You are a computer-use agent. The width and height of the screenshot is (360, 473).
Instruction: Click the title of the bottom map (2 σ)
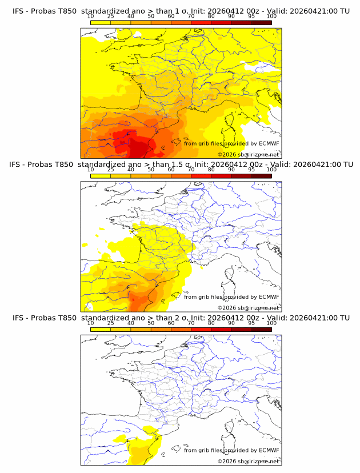(181, 318)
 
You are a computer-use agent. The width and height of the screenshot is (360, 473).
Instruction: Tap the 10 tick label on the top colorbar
(90, 17)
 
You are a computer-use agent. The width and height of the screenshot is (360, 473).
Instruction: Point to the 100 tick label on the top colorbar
(271, 17)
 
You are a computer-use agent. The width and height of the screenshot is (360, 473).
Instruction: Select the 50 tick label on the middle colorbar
(151, 170)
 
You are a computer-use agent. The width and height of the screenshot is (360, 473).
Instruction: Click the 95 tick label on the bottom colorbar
(251, 323)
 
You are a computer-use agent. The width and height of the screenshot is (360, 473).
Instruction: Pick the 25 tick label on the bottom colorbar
(110, 323)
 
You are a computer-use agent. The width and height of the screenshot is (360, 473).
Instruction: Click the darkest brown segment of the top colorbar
(261, 22)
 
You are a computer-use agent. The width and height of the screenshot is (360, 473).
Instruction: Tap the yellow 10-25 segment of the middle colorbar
(100, 176)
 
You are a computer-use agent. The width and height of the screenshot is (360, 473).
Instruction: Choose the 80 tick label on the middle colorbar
(211, 170)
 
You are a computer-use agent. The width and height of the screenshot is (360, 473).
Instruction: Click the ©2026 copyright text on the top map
(248, 155)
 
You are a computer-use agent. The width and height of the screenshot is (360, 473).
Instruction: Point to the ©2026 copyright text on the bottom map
(248, 461)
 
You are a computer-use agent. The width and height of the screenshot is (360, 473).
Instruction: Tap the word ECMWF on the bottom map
(269, 450)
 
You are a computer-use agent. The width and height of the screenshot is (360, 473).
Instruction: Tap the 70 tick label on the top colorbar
(191, 17)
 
